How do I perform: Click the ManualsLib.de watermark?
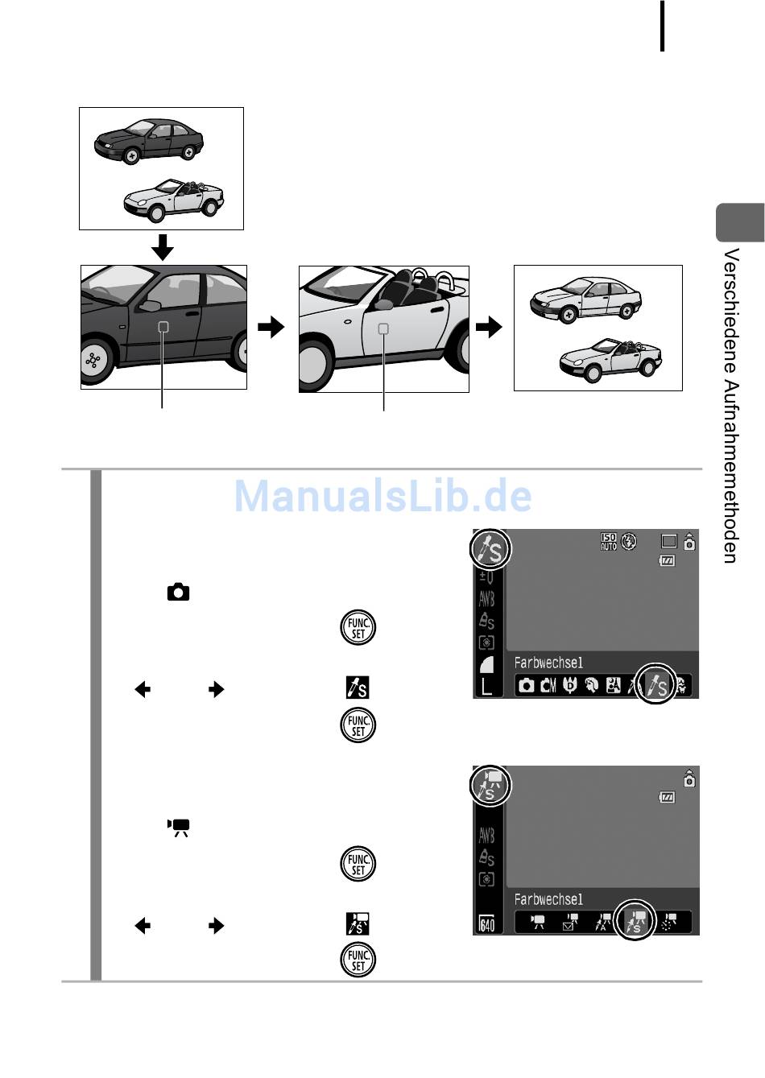(382, 496)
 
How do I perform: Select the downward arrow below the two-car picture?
(163, 247)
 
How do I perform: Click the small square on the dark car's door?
(163, 327)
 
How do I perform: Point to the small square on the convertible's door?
(383, 328)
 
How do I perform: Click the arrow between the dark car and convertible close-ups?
(271, 327)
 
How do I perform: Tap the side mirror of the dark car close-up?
(149, 306)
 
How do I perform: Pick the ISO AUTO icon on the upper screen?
(609, 542)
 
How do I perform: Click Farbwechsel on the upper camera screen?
(548, 663)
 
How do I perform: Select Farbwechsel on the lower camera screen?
(548, 899)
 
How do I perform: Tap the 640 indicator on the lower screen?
(487, 924)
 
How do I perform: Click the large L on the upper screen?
(486, 687)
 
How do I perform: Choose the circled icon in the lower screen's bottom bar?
(635, 922)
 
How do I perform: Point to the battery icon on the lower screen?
(667, 798)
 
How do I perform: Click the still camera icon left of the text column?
(178, 593)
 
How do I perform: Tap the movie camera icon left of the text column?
(178, 827)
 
